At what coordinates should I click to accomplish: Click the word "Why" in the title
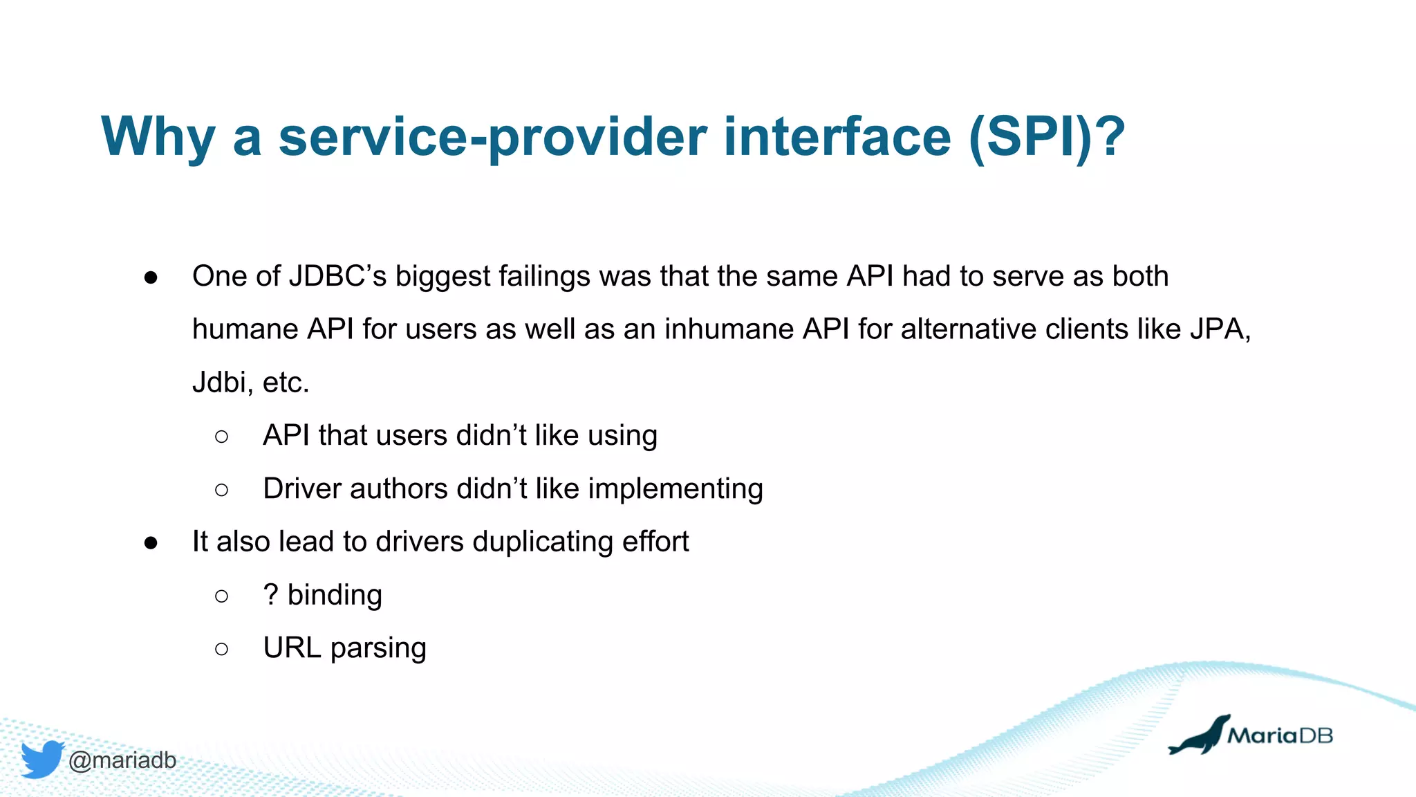pyautogui.click(x=158, y=138)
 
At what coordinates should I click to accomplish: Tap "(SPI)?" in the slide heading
pyautogui.click(x=1047, y=138)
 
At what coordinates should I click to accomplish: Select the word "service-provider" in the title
pyautogui.click(x=492, y=138)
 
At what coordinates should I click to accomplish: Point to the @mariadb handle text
pyautogui.click(x=122, y=760)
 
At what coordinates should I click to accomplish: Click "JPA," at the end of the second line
pyautogui.click(x=1220, y=329)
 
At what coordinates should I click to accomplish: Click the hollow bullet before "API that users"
pyautogui.click(x=221, y=437)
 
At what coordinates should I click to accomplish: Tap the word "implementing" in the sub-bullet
pyautogui.click(x=676, y=489)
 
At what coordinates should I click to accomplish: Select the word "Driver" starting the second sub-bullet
pyautogui.click(x=302, y=489)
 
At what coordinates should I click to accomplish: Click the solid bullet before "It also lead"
pyautogui.click(x=151, y=543)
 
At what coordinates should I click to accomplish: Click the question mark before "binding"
pyautogui.click(x=270, y=595)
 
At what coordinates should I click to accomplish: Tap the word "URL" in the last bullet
pyautogui.click(x=292, y=648)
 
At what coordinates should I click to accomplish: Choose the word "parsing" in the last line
pyautogui.click(x=378, y=649)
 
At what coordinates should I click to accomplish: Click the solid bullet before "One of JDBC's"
pyautogui.click(x=151, y=278)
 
